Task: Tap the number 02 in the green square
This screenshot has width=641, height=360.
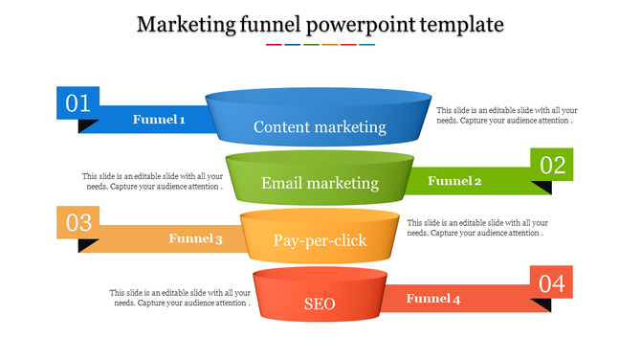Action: pyautogui.click(x=553, y=165)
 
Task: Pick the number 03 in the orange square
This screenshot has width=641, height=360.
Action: pyautogui.click(x=78, y=222)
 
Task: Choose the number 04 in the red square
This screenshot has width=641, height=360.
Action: pyautogui.click(x=552, y=283)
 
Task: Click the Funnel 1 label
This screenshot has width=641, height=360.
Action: pyautogui.click(x=159, y=120)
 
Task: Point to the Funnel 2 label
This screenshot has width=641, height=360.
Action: pyautogui.click(x=454, y=181)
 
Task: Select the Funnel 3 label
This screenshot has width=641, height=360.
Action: pyautogui.click(x=195, y=238)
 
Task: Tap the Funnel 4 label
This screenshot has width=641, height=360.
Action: pyautogui.click(x=433, y=299)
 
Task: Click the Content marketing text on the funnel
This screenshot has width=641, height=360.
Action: pyautogui.click(x=320, y=126)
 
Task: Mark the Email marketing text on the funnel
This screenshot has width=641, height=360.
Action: pyautogui.click(x=320, y=183)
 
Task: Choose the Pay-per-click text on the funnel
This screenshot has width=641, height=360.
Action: pyautogui.click(x=320, y=240)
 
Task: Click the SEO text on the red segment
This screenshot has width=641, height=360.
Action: pyautogui.click(x=320, y=304)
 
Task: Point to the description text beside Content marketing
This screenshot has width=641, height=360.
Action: pyautogui.click(x=506, y=116)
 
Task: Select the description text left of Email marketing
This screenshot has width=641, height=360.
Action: pyautogui.click(x=152, y=181)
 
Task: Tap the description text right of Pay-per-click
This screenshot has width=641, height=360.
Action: pyautogui.click(x=477, y=228)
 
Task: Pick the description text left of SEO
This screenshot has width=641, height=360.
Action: pyautogui.click(x=181, y=298)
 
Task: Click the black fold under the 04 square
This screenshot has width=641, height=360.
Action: pyautogui.click(x=542, y=305)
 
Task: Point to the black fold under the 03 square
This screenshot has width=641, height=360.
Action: pyautogui.click(x=88, y=245)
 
